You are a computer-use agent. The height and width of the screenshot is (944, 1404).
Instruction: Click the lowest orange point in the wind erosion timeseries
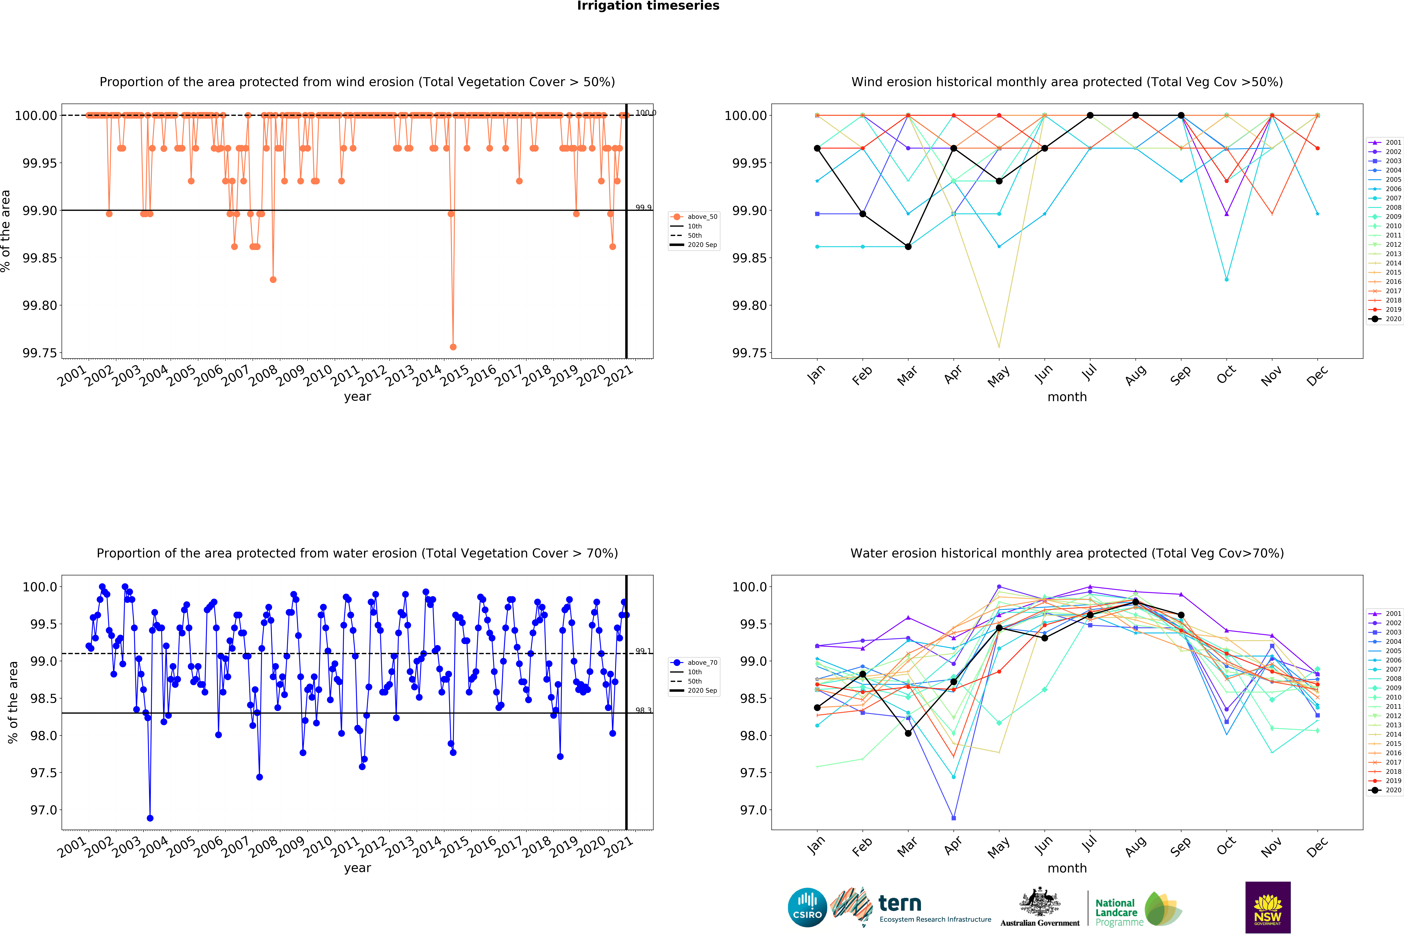pyautogui.click(x=453, y=347)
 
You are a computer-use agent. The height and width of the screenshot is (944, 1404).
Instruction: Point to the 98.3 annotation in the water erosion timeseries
pyautogui.click(x=643, y=710)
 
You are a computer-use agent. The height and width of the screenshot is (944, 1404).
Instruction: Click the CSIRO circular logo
pyautogui.click(x=807, y=907)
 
